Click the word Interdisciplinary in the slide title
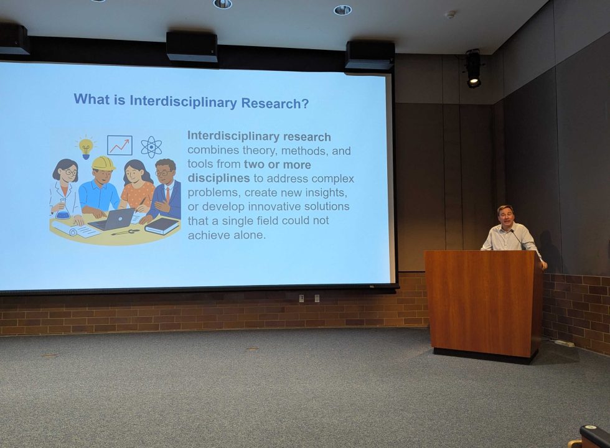pyautogui.click(x=183, y=101)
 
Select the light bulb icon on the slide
pyautogui.click(x=86, y=147)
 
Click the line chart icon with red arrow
pyautogui.click(x=120, y=146)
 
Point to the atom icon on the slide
pyautogui.click(x=151, y=147)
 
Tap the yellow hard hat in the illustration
pyautogui.click(x=103, y=163)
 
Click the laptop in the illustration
pyautogui.click(x=112, y=220)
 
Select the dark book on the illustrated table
pyautogui.click(x=162, y=225)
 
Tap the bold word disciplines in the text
pyautogui.click(x=218, y=178)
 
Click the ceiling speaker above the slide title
pyautogui.click(x=192, y=47)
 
